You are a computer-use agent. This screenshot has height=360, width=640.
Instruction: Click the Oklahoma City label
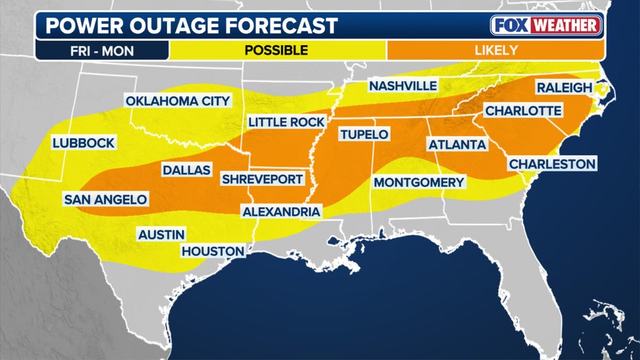[x=178, y=101]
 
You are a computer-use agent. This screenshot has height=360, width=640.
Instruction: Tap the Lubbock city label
[x=83, y=144]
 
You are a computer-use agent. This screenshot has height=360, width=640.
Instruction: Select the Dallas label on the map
[x=186, y=170]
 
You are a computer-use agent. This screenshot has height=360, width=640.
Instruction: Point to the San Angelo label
[x=105, y=200]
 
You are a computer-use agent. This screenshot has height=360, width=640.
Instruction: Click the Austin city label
[x=160, y=234]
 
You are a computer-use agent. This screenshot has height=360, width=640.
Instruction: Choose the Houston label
[x=213, y=251]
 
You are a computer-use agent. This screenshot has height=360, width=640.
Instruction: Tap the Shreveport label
[x=262, y=179]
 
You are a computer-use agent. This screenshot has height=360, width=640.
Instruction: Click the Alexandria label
[x=282, y=212]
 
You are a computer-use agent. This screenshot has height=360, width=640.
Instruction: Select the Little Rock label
[x=286, y=122]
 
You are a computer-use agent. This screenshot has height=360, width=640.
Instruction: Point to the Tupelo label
[x=363, y=135]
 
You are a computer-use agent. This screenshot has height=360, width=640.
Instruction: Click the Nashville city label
[x=402, y=86]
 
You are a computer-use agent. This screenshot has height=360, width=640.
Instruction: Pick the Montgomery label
[x=419, y=183]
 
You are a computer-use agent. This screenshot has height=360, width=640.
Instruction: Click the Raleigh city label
[x=564, y=88]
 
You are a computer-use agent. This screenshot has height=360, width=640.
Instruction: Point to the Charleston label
[x=552, y=164]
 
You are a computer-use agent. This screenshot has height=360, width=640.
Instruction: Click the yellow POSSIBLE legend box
[x=277, y=50]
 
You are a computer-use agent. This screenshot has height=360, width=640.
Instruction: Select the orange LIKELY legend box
[x=494, y=50]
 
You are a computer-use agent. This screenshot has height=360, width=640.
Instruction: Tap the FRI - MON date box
[x=102, y=50]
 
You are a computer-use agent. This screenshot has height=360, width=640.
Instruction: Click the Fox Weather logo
[x=547, y=25]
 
